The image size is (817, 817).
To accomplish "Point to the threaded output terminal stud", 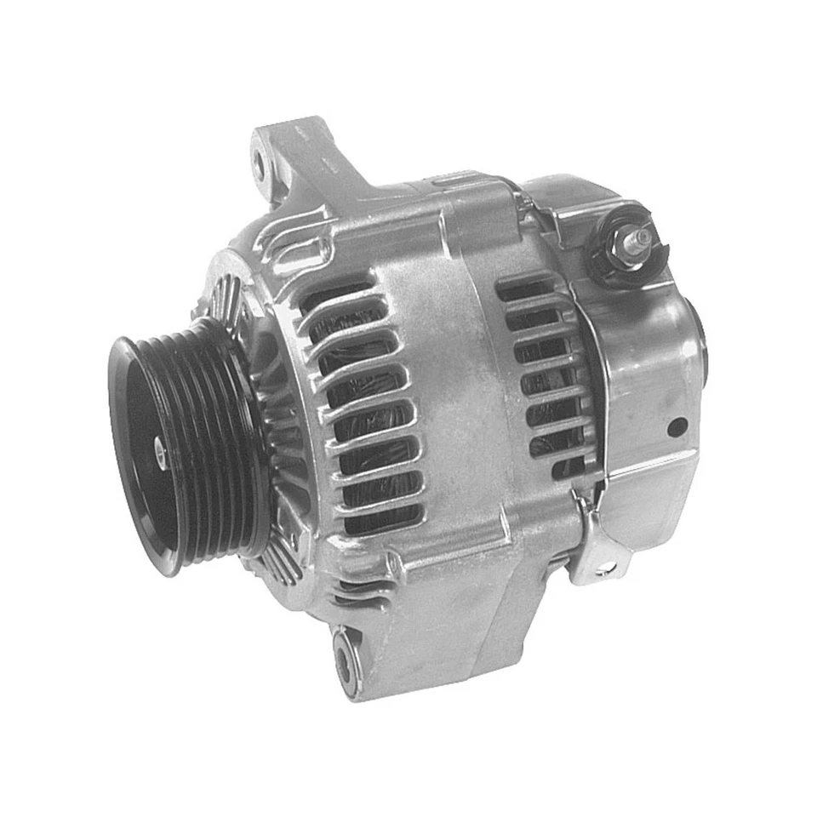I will pyautogui.click(x=640, y=237).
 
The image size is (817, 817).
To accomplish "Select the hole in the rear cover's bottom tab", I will pyautogui.click(x=605, y=568).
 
